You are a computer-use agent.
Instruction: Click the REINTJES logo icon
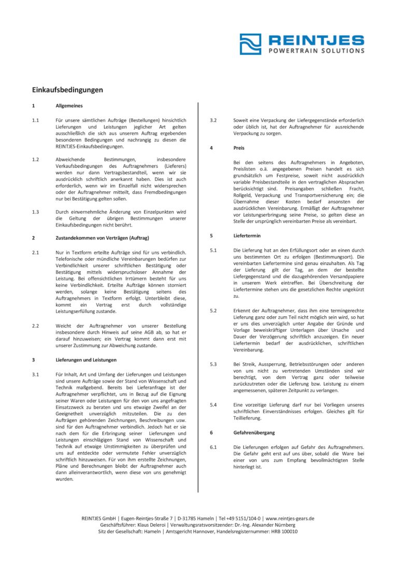click(250, 44)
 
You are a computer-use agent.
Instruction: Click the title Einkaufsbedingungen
click(67, 90)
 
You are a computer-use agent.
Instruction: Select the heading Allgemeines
click(69, 105)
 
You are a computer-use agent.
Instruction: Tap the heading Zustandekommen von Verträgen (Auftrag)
click(102, 237)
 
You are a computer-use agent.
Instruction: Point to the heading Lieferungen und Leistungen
click(86, 359)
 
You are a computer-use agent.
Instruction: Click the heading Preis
click(239, 148)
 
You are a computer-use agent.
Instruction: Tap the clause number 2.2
click(36, 326)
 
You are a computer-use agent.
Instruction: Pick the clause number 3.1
click(36, 374)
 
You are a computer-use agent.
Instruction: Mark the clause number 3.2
click(214, 120)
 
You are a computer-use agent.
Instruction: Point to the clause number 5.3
click(214, 364)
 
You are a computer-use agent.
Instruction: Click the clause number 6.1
click(214, 447)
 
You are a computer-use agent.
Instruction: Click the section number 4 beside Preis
click(211, 148)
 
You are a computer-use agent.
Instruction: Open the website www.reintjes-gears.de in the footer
click(290, 518)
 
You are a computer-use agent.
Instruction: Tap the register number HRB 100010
click(284, 531)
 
